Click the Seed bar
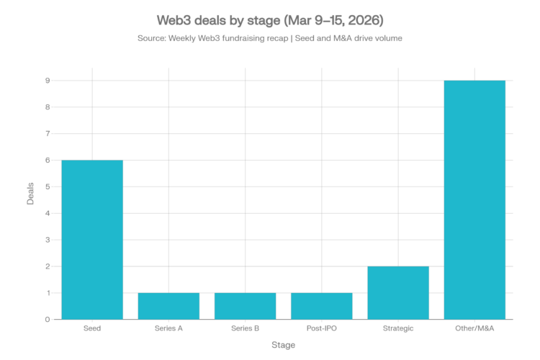click(x=92, y=239)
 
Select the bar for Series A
click(x=168, y=305)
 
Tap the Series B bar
click(x=245, y=305)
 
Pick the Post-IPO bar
click(x=321, y=305)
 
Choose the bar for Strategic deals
click(x=398, y=292)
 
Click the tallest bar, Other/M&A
click(x=474, y=199)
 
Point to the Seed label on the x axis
click(x=92, y=328)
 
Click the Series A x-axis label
click(x=168, y=328)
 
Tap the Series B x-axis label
click(x=245, y=328)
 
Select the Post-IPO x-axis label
click(x=321, y=328)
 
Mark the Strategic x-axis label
click(x=398, y=328)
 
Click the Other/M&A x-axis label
click(x=474, y=328)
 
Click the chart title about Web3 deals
click(x=270, y=17)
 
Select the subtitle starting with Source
click(x=270, y=38)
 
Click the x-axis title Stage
click(x=283, y=345)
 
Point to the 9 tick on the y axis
click(x=47, y=81)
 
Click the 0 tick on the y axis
click(x=47, y=319)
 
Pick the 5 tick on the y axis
click(x=47, y=186)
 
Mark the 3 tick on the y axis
click(x=47, y=240)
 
